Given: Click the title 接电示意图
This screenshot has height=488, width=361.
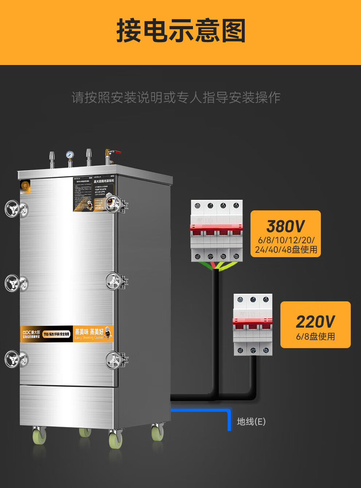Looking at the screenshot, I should (181, 31).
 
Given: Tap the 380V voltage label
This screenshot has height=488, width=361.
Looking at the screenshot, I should (286, 226).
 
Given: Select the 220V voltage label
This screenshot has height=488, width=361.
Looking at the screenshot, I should (315, 322).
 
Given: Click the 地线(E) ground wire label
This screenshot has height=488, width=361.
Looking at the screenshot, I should (251, 422).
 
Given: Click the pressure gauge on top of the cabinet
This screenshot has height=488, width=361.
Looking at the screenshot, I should (70, 155).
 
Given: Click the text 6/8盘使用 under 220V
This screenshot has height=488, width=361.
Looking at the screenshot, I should (315, 336).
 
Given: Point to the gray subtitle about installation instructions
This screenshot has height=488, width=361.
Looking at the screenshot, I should (176, 98).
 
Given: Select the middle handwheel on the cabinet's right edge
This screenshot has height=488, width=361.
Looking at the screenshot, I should (113, 281).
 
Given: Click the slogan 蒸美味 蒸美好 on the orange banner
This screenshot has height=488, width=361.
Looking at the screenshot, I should (89, 332).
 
